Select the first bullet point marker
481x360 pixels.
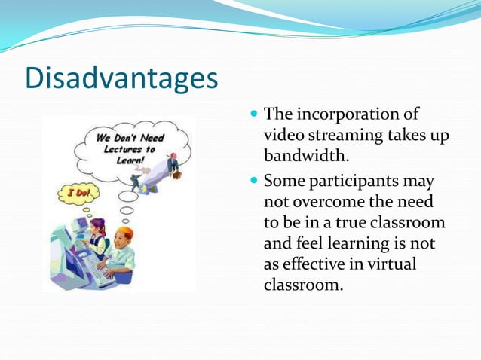pos(254,115)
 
